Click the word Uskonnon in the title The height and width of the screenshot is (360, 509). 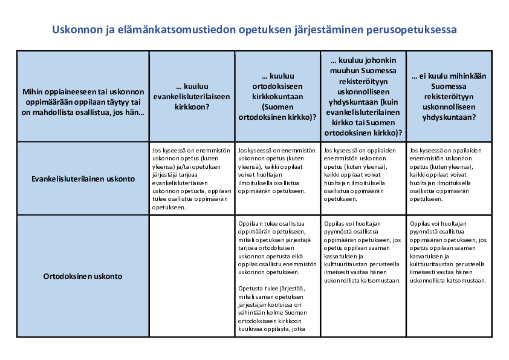click(74, 29)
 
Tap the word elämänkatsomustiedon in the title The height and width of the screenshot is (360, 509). click(176, 29)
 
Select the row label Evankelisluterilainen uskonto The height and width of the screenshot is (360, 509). click(83, 178)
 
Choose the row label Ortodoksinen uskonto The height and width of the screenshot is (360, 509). click(83, 276)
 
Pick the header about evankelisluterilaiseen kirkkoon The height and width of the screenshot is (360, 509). click(192, 97)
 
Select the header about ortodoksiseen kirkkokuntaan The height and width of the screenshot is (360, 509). click(277, 97)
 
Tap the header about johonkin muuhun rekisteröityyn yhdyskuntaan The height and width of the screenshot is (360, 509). click(363, 97)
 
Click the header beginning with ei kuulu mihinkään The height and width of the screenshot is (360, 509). click(449, 97)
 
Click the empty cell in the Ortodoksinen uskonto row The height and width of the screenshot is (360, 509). click(192, 276)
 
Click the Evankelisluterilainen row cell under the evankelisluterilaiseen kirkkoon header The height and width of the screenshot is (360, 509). click(192, 178)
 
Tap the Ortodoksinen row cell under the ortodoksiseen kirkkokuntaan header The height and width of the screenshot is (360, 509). click(277, 276)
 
